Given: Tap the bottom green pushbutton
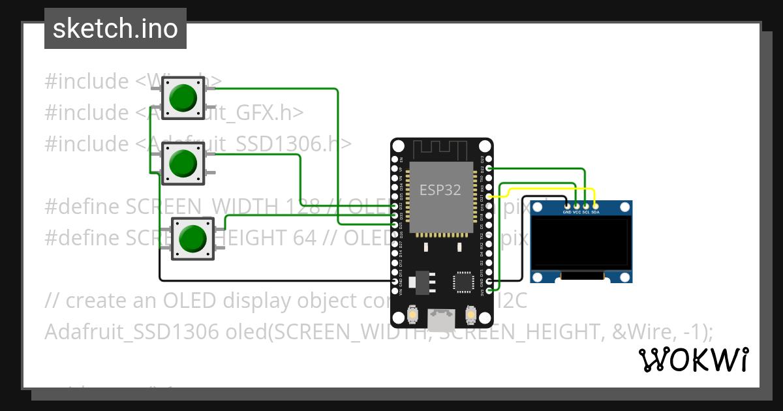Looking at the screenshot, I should [192, 238].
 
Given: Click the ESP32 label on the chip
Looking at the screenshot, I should [440, 190].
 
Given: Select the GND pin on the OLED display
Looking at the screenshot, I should [566, 205].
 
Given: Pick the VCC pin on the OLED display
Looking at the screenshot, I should [576, 205].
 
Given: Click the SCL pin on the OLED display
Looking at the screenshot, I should [586, 205].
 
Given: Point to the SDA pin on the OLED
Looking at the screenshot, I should [595, 205].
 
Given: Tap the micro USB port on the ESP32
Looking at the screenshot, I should [441, 319].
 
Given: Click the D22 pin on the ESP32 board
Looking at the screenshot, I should [489, 168].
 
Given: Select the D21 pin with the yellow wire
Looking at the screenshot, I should [489, 196].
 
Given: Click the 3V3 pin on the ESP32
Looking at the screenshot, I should [489, 290].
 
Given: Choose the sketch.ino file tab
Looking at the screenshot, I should [115, 29].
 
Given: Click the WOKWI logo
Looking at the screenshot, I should [693, 359].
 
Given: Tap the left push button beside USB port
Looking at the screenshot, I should [412, 316].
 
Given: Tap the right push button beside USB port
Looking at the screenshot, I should [470, 316].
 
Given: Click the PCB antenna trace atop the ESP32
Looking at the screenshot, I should [441, 151].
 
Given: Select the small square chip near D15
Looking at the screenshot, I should [463, 282].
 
